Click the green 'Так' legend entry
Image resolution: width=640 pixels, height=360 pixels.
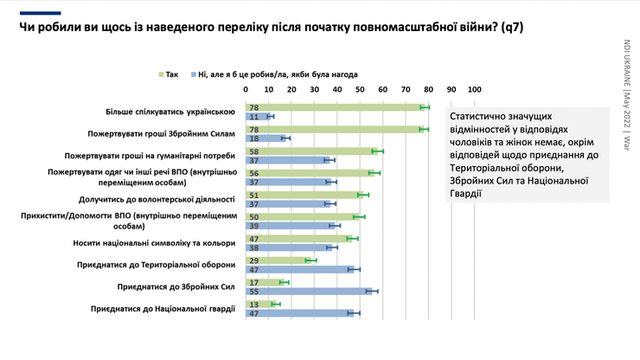170,74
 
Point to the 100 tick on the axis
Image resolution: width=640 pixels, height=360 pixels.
474,90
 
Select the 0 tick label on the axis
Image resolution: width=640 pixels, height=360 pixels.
246,90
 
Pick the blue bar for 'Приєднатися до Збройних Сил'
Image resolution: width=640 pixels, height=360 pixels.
308,291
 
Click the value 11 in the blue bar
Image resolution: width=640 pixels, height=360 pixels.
253,116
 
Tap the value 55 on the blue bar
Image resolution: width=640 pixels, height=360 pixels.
253,291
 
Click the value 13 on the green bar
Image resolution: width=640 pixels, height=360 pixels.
253,304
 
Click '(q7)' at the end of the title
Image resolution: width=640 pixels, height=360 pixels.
508,28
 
